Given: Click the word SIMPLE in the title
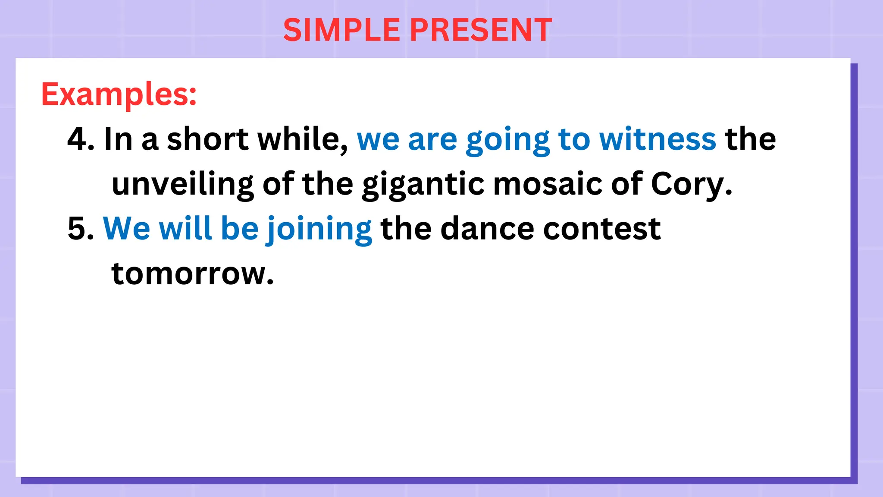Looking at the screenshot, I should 341,30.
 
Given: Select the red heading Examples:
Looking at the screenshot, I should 119,94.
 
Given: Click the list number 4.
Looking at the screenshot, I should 80,139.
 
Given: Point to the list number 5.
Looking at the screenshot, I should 80,229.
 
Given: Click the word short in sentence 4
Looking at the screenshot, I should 208,139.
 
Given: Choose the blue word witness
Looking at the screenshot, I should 658,139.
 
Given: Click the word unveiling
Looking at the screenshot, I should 182,185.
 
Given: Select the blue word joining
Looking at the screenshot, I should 319,230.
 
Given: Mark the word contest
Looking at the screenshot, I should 602,229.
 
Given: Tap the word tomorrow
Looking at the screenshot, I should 192,274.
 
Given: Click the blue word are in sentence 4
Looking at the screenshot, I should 432,140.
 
